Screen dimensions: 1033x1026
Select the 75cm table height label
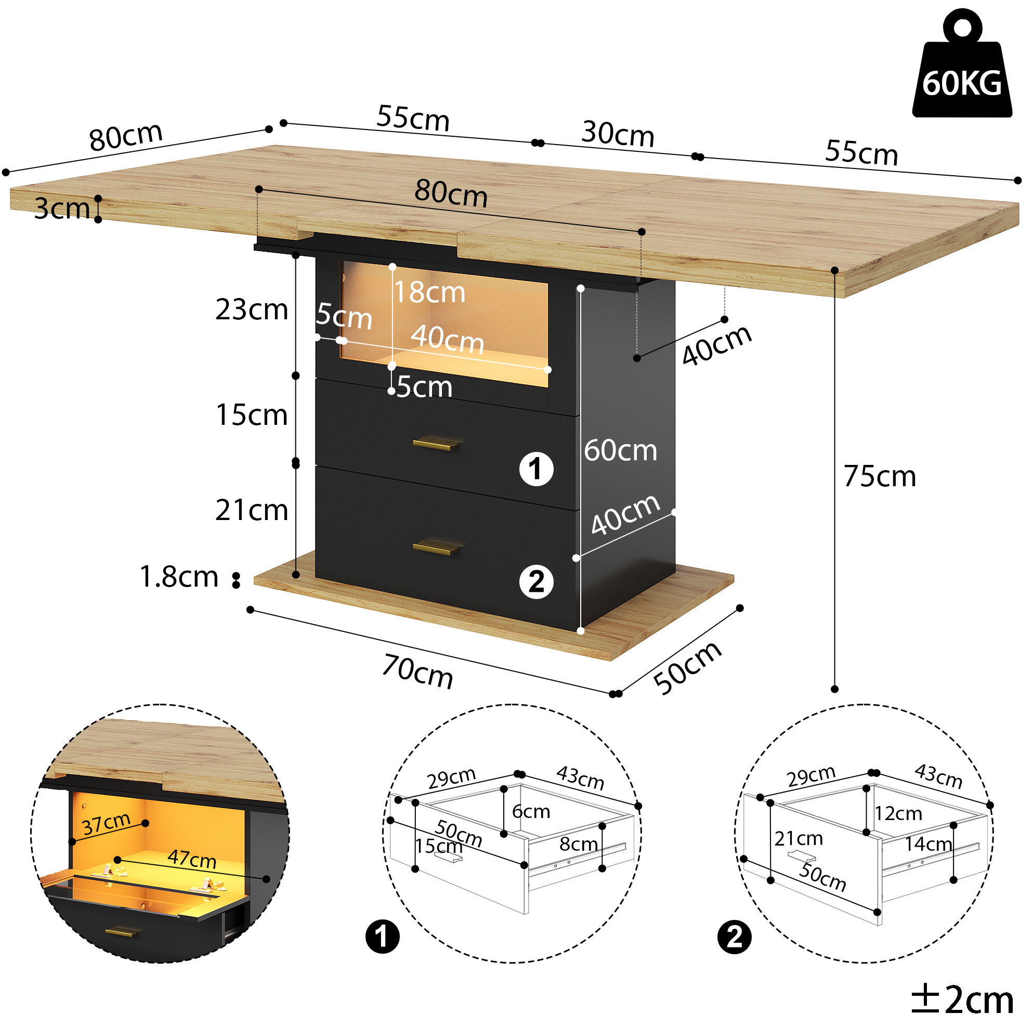[880, 476]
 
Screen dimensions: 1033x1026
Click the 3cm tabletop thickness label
[62, 208]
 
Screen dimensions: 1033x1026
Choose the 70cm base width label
[417, 671]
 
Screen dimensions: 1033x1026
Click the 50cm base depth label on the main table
[688, 667]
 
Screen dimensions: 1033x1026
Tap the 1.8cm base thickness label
[179, 577]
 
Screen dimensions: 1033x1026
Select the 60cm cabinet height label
[620, 450]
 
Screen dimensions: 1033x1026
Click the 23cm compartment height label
[251, 309]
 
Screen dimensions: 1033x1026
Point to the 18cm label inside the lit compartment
[430, 292]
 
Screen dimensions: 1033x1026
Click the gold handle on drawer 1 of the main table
[436, 444]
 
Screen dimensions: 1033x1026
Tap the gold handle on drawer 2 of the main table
[436, 547]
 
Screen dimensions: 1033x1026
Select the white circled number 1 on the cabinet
[537, 469]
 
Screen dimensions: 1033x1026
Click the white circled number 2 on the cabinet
[537, 581]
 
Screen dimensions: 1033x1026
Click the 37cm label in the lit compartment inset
[107, 824]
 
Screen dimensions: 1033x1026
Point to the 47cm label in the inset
[192, 859]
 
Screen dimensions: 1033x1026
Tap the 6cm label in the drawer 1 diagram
[531, 812]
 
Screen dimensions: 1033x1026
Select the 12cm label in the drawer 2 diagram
[898, 814]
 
